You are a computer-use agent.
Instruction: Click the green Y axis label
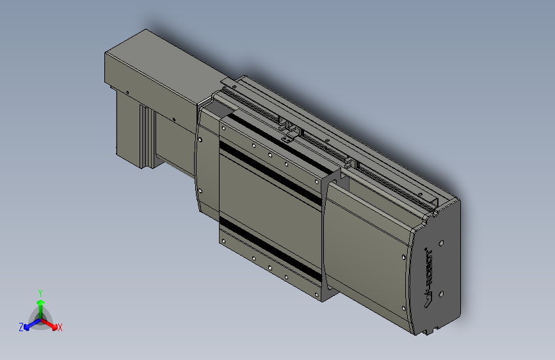[x=40, y=292]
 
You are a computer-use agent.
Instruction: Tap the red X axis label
[x=60, y=328]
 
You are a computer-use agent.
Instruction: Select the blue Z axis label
[x=21, y=327]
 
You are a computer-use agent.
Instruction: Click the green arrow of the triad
[x=40, y=304]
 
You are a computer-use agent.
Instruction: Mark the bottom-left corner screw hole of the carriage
[x=223, y=241]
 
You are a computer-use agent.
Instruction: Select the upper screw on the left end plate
[x=201, y=138]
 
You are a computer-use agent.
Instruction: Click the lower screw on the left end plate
[x=201, y=190]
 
